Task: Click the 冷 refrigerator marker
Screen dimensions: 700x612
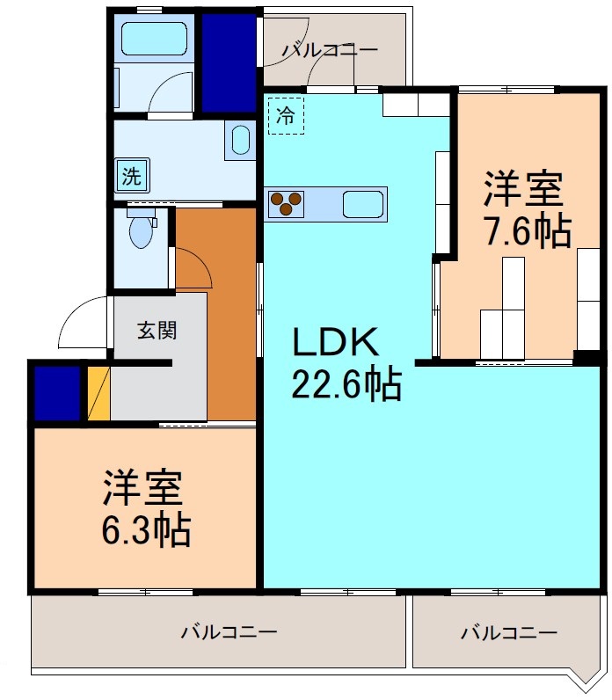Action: (286, 114)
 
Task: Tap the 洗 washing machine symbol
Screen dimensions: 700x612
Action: (131, 175)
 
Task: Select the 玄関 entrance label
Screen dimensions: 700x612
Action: (157, 331)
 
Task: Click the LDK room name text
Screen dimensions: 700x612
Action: (335, 341)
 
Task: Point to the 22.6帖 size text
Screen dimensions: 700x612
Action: (346, 384)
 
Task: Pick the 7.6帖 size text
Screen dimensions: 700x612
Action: (528, 231)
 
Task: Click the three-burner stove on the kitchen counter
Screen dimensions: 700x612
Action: (286, 204)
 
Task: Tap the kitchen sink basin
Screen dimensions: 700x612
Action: (361, 203)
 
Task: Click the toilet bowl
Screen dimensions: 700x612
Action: (140, 231)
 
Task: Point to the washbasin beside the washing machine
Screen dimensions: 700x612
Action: (240, 142)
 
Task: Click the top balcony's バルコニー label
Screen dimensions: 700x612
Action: (330, 51)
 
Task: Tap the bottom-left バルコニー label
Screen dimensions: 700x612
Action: (229, 631)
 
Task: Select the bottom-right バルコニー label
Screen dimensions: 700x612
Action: (508, 631)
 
